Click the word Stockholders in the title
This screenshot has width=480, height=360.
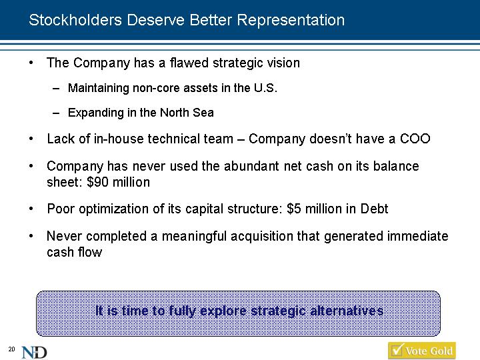click(75, 20)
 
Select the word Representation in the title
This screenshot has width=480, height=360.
click(291, 21)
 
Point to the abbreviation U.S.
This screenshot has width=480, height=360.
click(265, 88)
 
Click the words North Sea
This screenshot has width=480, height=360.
click(187, 113)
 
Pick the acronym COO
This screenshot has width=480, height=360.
click(415, 139)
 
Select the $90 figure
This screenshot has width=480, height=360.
click(97, 182)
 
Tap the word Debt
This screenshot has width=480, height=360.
click(374, 209)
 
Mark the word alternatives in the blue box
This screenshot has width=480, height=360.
click(347, 311)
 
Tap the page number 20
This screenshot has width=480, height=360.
click(11, 349)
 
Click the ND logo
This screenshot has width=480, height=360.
click(34, 353)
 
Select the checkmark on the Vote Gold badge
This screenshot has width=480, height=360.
click(397, 349)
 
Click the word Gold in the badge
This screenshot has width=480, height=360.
click(441, 351)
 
